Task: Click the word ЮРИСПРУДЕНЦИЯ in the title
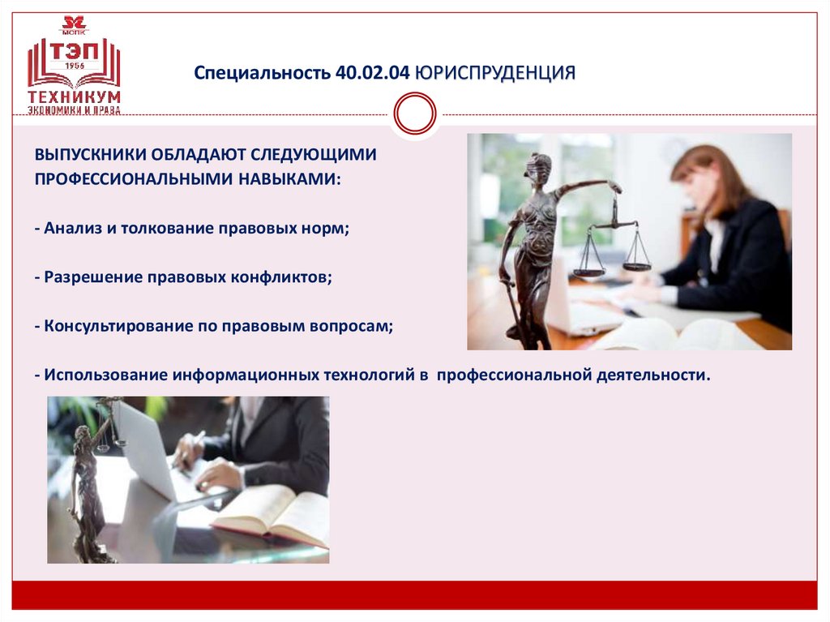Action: click(495, 74)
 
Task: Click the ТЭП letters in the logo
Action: click(74, 50)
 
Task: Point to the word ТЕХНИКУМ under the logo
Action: click(74, 97)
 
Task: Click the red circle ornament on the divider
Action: click(414, 113)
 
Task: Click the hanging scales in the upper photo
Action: click(613, 243)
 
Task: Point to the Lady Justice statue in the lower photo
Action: click(86, 487)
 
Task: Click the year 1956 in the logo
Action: click(75, 65)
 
